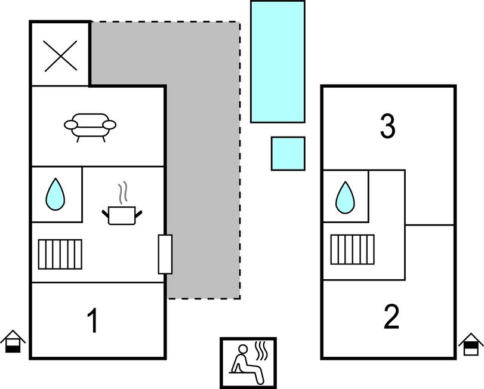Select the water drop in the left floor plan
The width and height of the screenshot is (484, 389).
coord(56,194)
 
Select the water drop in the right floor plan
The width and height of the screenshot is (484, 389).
coord(345,197)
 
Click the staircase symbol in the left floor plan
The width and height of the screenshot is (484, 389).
coord(60,254)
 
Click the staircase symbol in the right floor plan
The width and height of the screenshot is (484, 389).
coord(352,249)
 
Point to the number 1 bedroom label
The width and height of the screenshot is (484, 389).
coord(93,322)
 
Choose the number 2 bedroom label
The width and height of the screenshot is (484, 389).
coord(391,317)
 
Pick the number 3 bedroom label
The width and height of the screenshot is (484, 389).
coord(388,126)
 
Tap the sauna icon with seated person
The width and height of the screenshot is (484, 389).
coord(248,363)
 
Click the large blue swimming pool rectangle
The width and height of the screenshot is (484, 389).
coord(278,61)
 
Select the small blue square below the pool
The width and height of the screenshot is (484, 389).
coord(288,153)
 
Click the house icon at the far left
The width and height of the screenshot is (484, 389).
coord(13,342)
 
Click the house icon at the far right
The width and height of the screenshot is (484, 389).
coord(471,345)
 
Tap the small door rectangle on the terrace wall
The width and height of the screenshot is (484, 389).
coord(165,254)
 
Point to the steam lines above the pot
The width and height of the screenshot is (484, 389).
coord(123,193)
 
